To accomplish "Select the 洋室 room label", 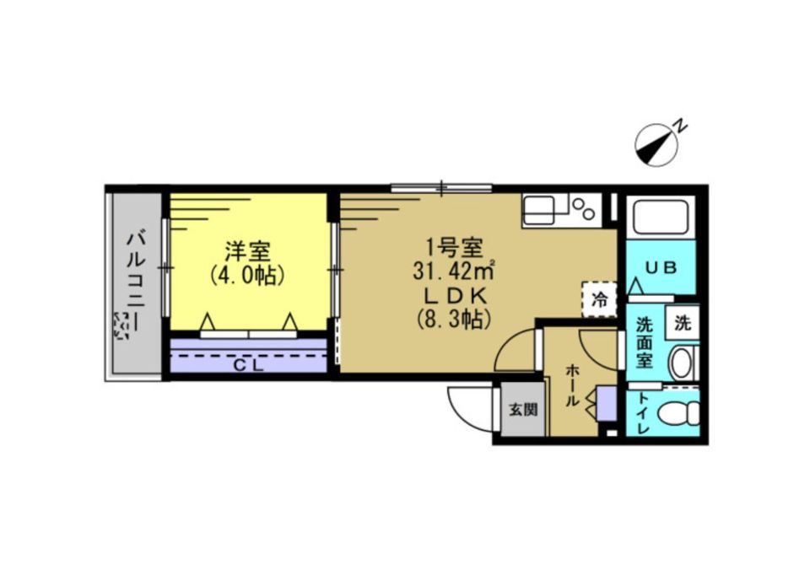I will [247, 251].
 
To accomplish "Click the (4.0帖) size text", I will [247, 276].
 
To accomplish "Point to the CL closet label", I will [247, 365].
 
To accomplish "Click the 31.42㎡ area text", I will [454, 273].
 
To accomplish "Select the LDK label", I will [453, 297].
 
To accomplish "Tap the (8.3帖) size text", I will [453, 320].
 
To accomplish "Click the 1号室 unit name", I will [453, 249].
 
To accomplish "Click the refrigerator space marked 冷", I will [599, 297].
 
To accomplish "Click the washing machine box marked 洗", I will [682, 321].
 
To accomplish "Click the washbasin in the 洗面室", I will [682, 363].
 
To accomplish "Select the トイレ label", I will [644, 412].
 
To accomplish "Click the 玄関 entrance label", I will [521, 411].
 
